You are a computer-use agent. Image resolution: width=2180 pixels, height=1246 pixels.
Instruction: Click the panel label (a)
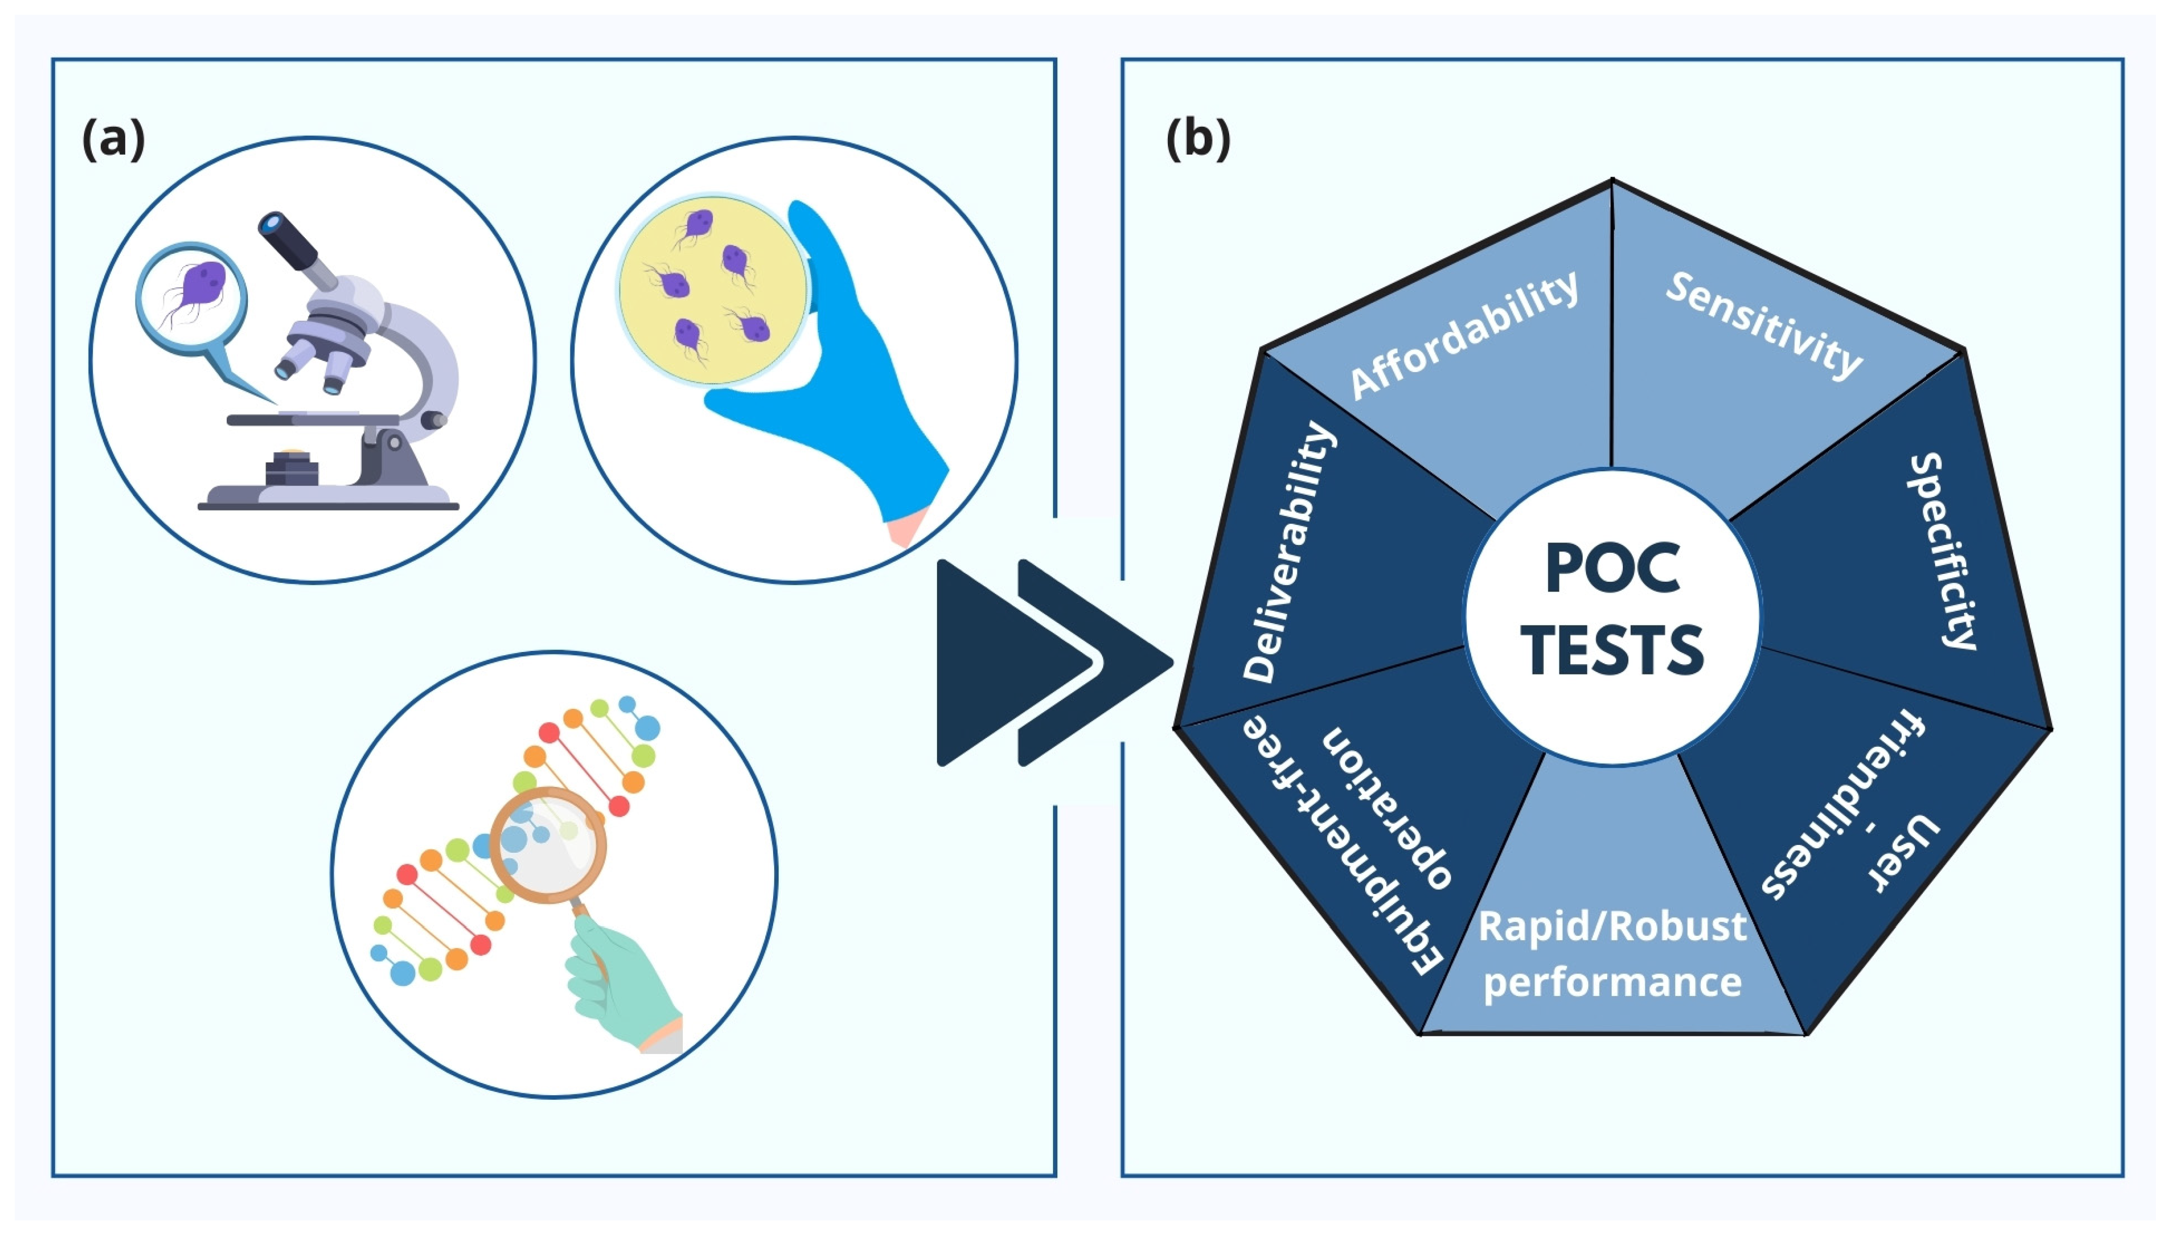pyautogui.click(x=113, y=138)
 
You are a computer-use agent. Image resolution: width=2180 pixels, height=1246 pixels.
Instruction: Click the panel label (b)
pyautogui.click(x=1198, y=138)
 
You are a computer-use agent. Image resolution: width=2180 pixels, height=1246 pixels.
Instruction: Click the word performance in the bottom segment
pyautogui.click(x=1612, y=982)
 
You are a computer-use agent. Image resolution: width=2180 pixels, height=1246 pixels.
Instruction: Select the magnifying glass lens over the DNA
pyautogui.click(x=547, y=843)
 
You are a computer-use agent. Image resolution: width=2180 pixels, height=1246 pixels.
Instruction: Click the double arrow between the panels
pyautogui.click(x=1052, y=663)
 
